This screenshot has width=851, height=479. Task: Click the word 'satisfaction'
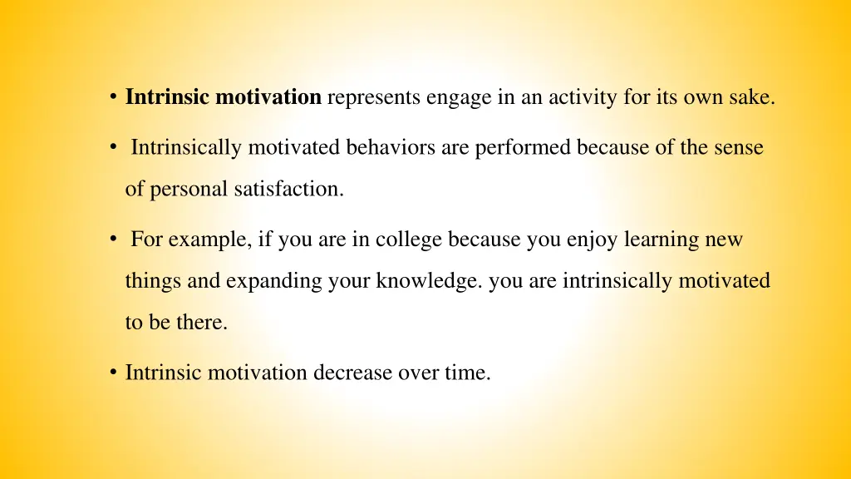(x=288, y=189)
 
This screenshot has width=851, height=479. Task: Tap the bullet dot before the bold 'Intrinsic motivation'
(x=112, y=98)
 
